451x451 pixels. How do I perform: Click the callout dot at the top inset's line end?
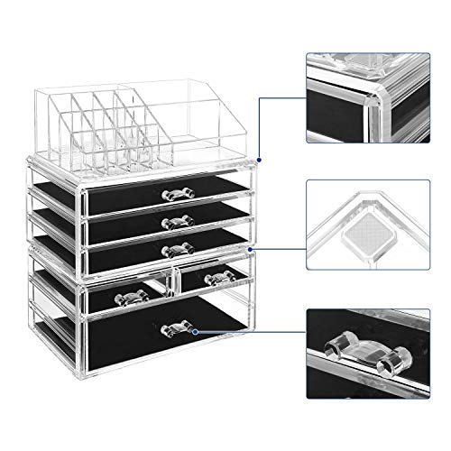(x=257, y=152)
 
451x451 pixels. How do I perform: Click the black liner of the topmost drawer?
(x=126, y=196)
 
